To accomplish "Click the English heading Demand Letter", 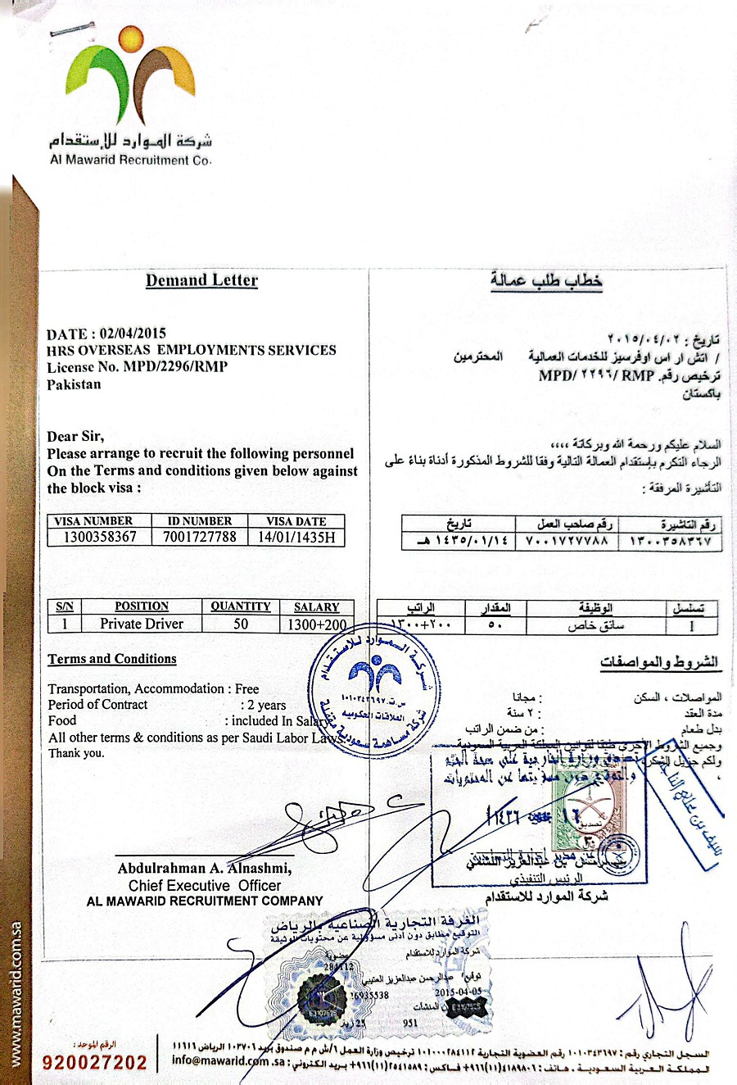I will pos(201,280).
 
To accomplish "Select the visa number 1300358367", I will pos(101,538).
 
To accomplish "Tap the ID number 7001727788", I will pos(200,538).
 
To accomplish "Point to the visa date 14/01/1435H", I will pos(296,538).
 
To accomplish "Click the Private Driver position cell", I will pos(142,624).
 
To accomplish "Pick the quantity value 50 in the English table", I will pos(241,624).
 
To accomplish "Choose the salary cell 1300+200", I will pos(317,624).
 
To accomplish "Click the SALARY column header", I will pos(316,607).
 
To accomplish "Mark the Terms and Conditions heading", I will pos(112,659).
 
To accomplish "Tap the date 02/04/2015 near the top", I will pos(133,334).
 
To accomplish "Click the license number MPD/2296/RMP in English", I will pos(175,366).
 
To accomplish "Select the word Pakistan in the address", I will pos(74,384).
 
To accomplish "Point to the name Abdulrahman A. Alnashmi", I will pos(204,869).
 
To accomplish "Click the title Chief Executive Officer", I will pos(204,886).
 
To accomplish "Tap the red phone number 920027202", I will pos(95,1063).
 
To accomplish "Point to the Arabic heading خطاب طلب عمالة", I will pos(546,281).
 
